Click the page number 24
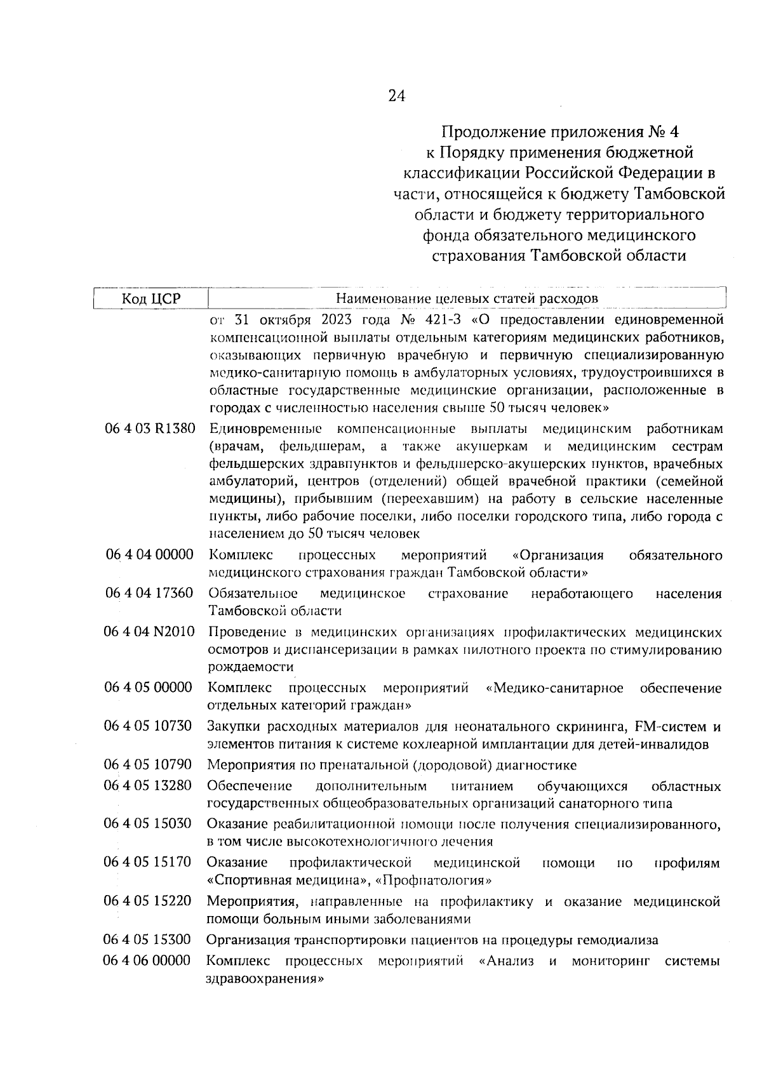396,96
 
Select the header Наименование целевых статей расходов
467,298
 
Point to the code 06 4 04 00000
150,555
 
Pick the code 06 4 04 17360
150,593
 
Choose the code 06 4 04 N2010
150,632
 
